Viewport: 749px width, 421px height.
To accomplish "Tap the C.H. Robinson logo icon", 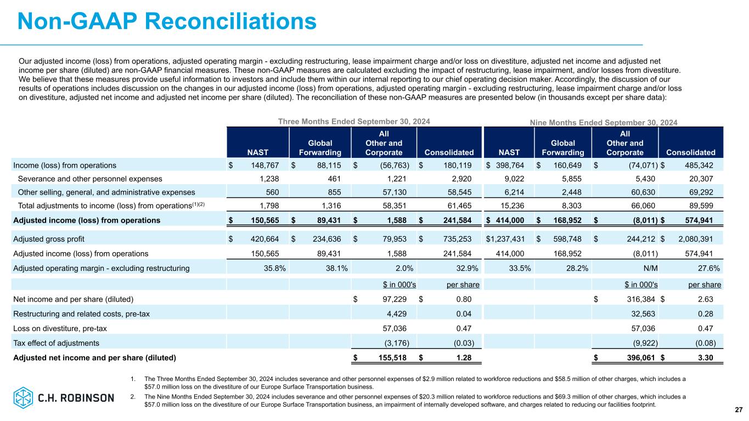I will [24, 397].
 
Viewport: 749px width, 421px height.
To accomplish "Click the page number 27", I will [738, 409].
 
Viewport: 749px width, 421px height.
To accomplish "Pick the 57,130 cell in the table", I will [395, 192].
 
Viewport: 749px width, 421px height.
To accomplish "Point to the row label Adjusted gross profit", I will [48, 239].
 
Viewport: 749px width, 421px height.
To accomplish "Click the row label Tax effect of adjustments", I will [56, 343].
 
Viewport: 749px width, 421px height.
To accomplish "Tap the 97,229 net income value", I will [391, 299].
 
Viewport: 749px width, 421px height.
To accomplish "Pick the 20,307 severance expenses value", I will [705, 178].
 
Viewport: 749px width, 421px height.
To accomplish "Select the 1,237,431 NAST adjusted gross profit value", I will [504, 239].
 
